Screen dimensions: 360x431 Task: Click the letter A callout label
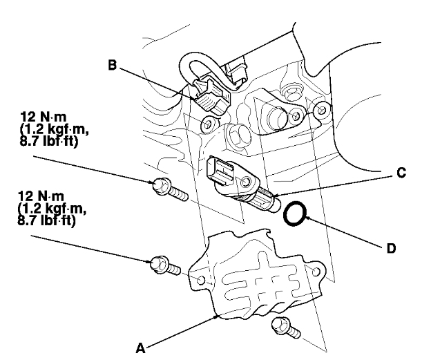point(141,349)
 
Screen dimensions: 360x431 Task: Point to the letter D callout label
point(391,247)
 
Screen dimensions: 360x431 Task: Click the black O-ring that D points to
point(295,213)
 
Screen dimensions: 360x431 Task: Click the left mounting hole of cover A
point(201,281)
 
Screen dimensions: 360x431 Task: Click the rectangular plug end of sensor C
point(220,169)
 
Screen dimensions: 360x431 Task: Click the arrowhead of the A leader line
point(219,316)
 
